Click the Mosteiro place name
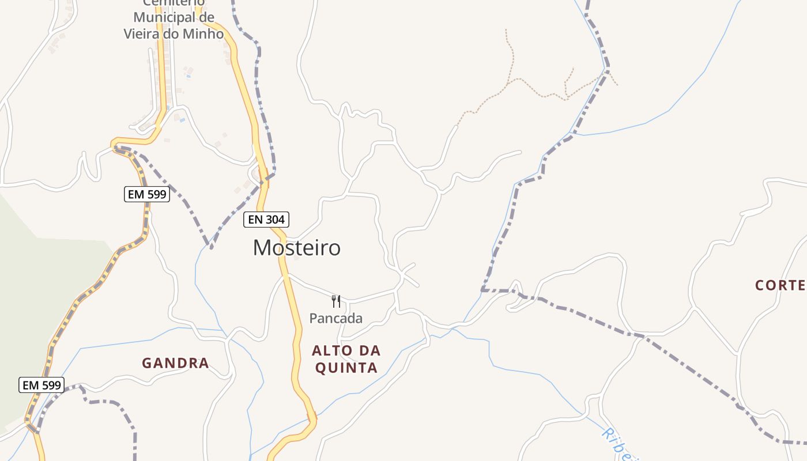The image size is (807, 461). pyautogui.click(x=296, y=248)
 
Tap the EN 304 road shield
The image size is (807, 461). pyautogui.click(x=266, y=220)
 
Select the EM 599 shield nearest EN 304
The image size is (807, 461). pyautogui.click(x=147, y=194)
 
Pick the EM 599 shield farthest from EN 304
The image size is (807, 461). pyautogui.click(x=42, y=385)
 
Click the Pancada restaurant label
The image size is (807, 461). pyautogui.click(x=336, y=318)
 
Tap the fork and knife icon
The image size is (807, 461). pyautogui.click(x=336, y=301)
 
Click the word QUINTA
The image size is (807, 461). pyautogui.click(x=346, y=368)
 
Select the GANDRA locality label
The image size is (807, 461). pyautogui.click(x=175, y=363)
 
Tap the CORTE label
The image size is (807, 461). pyautogui.click(x=780, y=285)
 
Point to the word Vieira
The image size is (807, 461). pyautogui.click(x=143, y=34)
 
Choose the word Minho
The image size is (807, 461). pyautogui.click(x=202, y=34)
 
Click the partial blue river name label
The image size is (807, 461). pyautogui.click(x=620, y=443)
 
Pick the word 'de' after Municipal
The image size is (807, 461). pyautogui.click(x=206, y=18)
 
